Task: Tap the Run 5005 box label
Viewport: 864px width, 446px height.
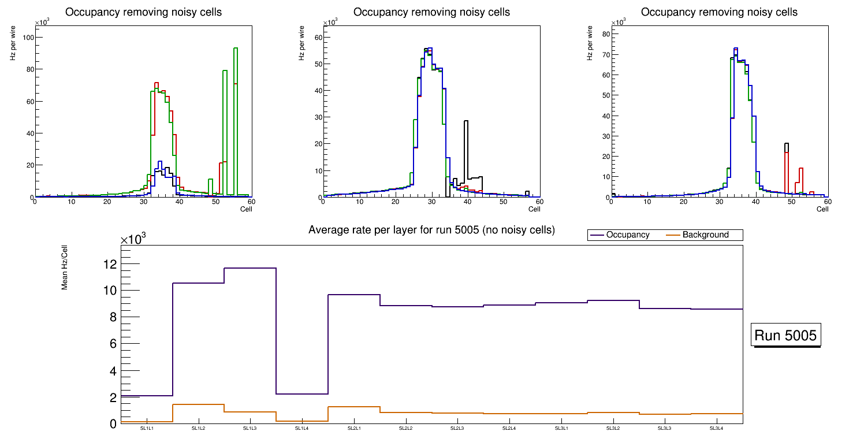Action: [x=785, y=336]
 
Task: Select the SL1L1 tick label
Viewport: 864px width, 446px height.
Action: [x=147, y=429]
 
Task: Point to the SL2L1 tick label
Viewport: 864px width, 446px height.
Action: [x=354, y=429]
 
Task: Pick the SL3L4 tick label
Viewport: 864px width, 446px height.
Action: [x=717, y=429]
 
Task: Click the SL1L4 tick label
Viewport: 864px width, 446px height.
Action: [x=302, y=429]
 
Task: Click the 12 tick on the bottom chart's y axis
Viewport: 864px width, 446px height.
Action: [x=110, y=264]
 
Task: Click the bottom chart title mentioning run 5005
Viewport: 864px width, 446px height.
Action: [x=431, y=230]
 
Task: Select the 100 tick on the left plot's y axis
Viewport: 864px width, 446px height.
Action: [x=26, y=38]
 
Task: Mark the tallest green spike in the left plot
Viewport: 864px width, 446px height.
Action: [x=236, y=49]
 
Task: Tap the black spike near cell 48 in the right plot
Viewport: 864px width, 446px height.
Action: [x=787, y=144]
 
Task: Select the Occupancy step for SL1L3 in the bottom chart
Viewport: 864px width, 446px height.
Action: [x=250, y=268]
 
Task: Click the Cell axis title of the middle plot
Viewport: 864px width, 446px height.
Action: [x=534, y=209]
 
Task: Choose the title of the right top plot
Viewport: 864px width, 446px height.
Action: [x=719, y=12]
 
